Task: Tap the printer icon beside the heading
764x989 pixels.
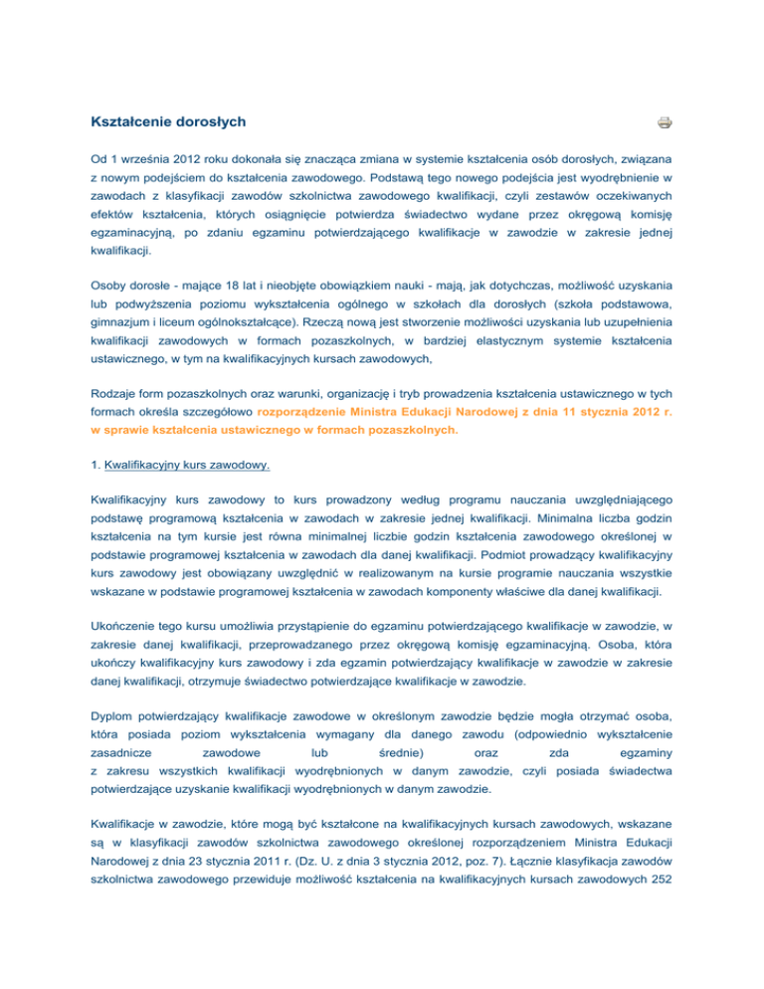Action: coord(664,123)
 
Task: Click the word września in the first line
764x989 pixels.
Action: coord(128,159)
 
